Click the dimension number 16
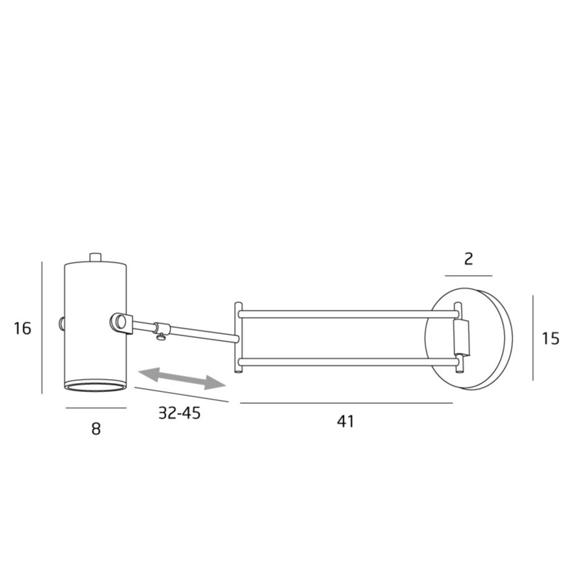click(23, 328)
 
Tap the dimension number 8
click(96, 428)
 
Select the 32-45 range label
click(179, 413)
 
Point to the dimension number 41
click(345, 421)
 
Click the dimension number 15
click(551, 338)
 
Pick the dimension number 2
click(469, 259)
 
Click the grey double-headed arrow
click(182, 378)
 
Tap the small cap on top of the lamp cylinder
click(96, 257)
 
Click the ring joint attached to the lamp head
click(121, 323)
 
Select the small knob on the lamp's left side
click(62, 323)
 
